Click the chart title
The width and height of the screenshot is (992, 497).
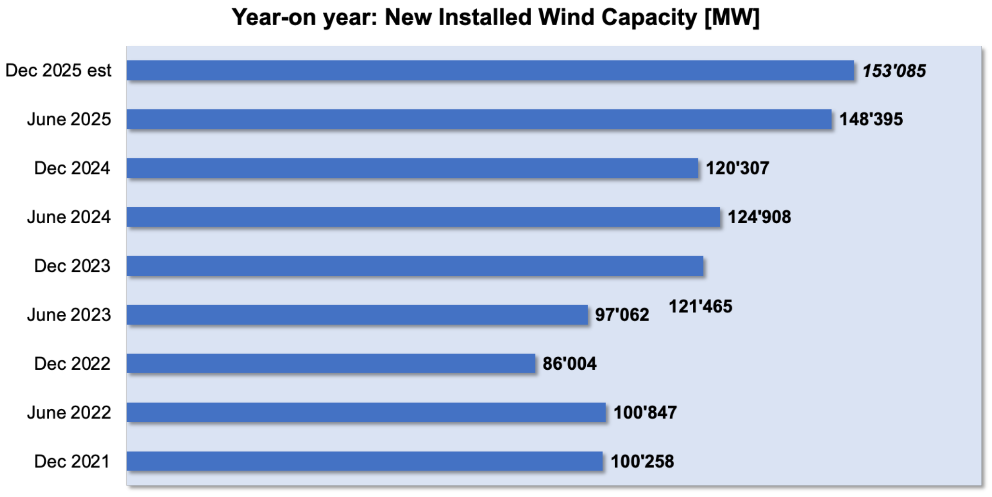tap(496, 18)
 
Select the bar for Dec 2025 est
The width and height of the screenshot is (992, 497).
tap(490, 70)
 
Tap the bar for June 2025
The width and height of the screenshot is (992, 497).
tap(479, 119)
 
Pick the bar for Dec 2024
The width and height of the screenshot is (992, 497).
tap(413, 168)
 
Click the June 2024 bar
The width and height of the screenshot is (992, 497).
tap(423, 217)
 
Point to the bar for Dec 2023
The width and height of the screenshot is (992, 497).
tap(415, 266)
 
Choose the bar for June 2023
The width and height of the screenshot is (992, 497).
tap(357, 315)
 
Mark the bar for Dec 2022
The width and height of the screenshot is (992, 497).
tap(331, 363)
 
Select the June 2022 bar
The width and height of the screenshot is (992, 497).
tap(366, 413)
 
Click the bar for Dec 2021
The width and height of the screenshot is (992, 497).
tap(365, 461)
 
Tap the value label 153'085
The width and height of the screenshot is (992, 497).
tap(894, 71)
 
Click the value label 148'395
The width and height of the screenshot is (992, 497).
tap(871, 119)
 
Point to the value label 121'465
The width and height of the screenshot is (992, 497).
tap(701, 306)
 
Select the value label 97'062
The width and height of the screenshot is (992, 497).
tap(622, 315)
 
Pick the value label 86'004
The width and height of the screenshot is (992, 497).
tap(569, 363)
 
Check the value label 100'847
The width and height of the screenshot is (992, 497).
tap(645, 413)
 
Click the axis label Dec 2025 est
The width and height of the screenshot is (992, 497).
tap(58, 70)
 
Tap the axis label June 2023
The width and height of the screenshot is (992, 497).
tap(69, 315)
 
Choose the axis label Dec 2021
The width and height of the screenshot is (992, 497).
tap(72, 461)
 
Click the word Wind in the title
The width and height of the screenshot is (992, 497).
tap(566, 17)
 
